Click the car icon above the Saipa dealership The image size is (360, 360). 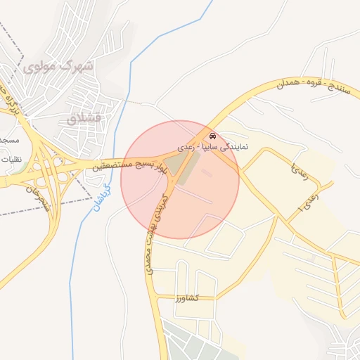tap(212, 136)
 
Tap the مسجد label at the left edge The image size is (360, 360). tap(9, 140)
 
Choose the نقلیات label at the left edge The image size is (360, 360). tap(11, 159)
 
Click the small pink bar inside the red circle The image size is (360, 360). tap(206, 172)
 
